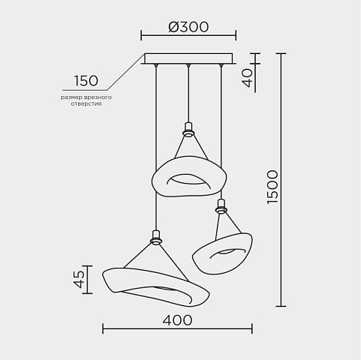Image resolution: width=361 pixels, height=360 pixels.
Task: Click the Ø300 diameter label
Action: (188, 27)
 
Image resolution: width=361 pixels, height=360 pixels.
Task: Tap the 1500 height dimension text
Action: (272, 187)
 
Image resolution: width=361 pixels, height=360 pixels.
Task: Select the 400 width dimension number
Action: (177, 320)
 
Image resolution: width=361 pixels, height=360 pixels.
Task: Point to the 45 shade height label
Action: (80, 279)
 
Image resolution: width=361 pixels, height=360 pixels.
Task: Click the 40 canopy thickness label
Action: (248, 78)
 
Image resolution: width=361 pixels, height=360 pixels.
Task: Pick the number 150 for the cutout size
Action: (86, 81)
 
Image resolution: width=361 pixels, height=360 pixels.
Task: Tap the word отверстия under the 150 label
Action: (86, 103)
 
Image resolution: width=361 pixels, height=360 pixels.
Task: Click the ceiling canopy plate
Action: (188, 58)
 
